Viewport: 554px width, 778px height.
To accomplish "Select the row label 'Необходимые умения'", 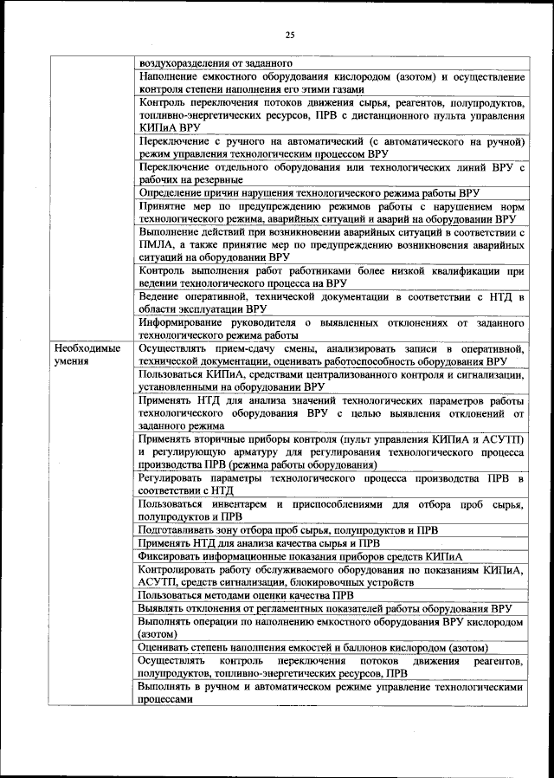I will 87,354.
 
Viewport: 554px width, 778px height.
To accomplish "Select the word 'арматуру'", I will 253,452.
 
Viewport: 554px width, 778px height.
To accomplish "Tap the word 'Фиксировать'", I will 171,555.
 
